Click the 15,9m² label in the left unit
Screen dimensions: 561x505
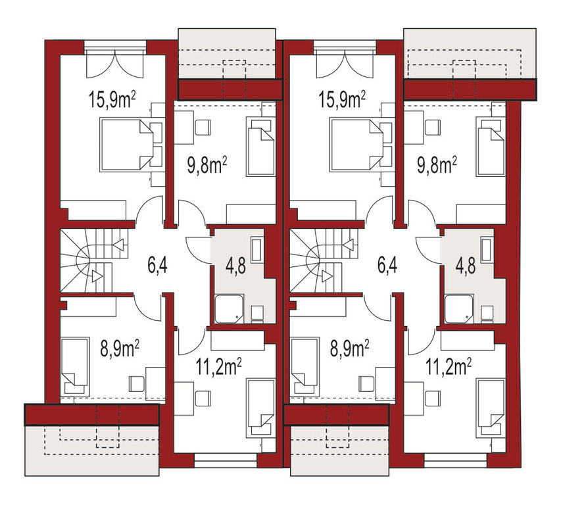112,100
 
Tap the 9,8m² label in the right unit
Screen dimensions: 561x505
437,166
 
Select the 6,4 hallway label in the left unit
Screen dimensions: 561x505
157,266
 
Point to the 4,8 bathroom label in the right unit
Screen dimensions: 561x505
466,266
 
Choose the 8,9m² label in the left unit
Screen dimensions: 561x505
120,349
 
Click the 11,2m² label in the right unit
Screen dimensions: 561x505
449,367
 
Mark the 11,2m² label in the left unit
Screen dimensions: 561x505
218,367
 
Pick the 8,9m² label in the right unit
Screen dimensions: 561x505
349,349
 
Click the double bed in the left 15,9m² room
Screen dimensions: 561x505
126,145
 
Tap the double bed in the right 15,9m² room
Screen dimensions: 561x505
356,145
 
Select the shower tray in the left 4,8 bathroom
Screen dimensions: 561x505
229,309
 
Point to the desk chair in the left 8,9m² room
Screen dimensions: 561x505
135,384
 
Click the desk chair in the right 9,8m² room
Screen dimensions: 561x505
433,128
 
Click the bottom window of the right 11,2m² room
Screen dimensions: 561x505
456,460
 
